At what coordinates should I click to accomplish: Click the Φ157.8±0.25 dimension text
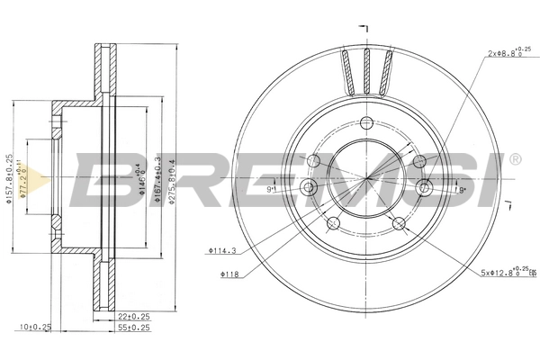[11, 178]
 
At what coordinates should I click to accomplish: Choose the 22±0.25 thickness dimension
[134, 316]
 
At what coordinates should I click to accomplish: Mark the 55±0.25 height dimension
[134, 328]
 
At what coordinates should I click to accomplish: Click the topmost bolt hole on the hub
[365, 124]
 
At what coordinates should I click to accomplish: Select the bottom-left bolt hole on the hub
[332, 224]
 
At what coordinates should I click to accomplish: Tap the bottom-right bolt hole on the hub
[399, 224]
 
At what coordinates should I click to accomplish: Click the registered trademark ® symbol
[514, 159]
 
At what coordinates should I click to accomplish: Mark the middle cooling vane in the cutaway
[365, 69]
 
